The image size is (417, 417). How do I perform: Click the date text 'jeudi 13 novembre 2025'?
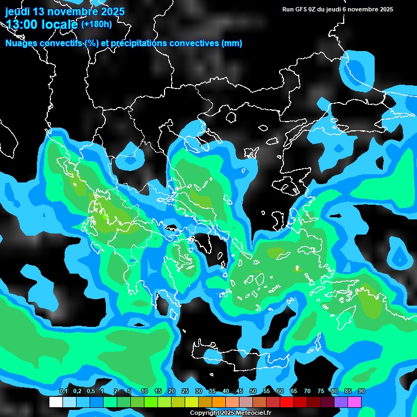click(65, 11)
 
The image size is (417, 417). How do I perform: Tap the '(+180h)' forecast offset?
click(96, 24)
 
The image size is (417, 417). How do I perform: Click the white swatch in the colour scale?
click(56, 402)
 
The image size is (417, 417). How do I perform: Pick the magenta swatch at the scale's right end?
click(355, 402)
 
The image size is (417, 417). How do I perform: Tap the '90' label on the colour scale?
click(361, 391)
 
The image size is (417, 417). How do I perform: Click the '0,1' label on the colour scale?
click(63, 391)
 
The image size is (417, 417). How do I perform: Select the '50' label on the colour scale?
click(253, 391)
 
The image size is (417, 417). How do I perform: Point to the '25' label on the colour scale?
click(185, 391)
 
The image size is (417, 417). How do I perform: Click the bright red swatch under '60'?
click(287, 402)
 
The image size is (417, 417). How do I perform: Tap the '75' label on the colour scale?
click(320, 391)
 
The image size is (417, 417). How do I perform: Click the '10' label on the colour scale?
click(144, 391)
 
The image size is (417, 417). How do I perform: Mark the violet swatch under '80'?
click(341, 402)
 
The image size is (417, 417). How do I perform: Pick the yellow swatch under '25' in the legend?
click(192, 402)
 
